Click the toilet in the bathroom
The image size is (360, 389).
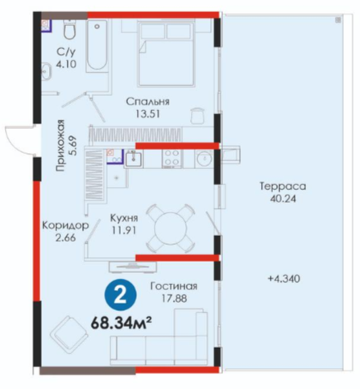click(x=70, y=30)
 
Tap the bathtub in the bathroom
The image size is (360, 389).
click(x=97, y=46)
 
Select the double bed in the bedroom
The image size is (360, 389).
click(x=166, y=54)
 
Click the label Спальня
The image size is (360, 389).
click(x=148, y=101)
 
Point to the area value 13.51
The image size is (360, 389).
click(x=147, y=114)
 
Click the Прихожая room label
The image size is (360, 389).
click(x=60, y=146)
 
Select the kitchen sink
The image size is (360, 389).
click(x=134, y=159)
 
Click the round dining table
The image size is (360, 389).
click(x=170, y=229)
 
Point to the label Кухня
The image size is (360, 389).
click(x=124, y=217)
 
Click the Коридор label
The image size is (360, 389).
click(x=65, y=226)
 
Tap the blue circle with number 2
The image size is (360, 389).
click(x=121, y=296)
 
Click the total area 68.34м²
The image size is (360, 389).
click(x=120, y=323)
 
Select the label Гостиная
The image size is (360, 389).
click(x=174, y=286)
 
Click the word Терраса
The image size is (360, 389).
click(x=283, y=186)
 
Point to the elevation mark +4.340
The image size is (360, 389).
click(x=284, y=279)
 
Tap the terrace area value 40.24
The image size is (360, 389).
click(x=283, y=199)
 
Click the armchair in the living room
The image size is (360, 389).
click(x=68, y=335)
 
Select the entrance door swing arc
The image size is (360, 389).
click(x=16, y=140)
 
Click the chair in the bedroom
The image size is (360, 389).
click(x=198, y=115)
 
